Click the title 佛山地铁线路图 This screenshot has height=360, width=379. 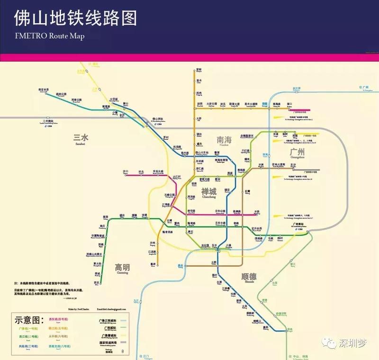pos(75,18)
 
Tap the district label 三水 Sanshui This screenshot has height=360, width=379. pos(81,139)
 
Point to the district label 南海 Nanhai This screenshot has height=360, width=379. pos(224,141)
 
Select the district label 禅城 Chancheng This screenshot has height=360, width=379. pos(208,192)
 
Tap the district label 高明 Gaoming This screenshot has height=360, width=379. pos(125,268)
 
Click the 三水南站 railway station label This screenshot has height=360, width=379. pos(48,121)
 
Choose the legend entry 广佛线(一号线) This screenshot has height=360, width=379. pos(28,328)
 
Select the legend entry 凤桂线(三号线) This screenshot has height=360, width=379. pos(28,347)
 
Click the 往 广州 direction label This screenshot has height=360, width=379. pos(364,88)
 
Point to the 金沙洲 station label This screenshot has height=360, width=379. pos(297,88)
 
